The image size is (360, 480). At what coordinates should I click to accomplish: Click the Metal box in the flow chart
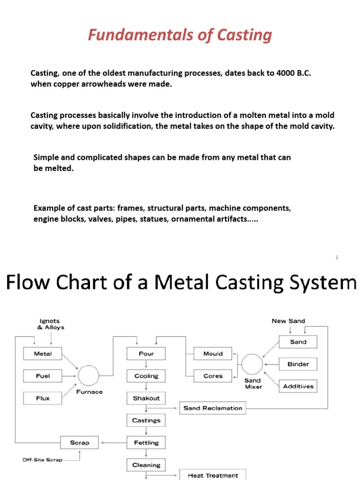(x=43, y=354)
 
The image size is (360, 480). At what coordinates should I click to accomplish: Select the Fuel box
(x=43, y=376)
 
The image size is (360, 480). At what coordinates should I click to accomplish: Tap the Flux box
(x=43, y=398)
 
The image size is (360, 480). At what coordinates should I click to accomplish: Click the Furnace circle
(x=88, y=375)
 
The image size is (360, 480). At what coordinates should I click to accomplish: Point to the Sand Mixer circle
(x=252, y=365)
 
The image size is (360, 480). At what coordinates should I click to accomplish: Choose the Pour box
(x=146, y=354)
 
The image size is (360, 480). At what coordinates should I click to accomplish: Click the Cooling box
(x=146, y=376)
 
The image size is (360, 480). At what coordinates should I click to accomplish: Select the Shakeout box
(x=146, y=398)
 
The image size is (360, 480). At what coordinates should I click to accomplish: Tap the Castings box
(x=146, y=420)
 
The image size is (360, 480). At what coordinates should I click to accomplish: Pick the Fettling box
(x=146, y=442)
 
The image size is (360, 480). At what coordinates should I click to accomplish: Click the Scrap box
(x=79, y=442)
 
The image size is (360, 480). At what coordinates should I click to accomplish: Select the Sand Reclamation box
(x=213, y=408)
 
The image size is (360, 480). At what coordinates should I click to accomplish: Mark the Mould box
(x=213, y=354)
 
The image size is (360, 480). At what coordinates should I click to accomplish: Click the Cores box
(x=213, y=376)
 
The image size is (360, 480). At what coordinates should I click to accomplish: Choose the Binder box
(x=298, y=364)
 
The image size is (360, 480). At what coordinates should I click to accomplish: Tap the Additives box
(x=298, y=387)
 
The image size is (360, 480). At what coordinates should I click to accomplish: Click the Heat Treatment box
(x=213, y=475)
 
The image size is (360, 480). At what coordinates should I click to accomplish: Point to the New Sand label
(x=288, y=321)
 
